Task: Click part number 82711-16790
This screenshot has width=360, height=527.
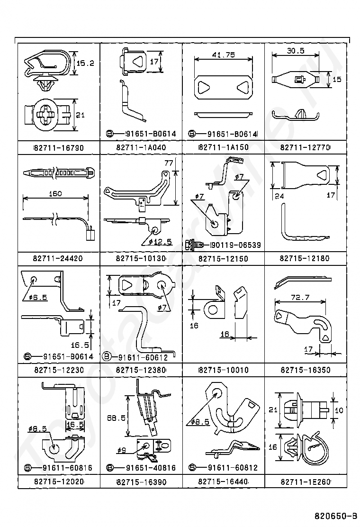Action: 59,147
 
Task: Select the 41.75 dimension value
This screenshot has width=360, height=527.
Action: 223,55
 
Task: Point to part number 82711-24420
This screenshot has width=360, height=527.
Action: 58,258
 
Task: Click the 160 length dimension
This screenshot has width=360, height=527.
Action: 55,193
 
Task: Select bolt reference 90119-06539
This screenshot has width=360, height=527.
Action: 235,245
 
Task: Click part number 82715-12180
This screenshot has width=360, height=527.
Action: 305,258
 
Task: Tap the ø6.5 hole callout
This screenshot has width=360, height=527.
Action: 38,297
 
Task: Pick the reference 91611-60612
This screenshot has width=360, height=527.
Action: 143,357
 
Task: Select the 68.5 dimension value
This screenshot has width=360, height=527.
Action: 116,418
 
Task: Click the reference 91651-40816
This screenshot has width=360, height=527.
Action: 151,467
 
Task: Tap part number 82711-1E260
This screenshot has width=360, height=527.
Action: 306,482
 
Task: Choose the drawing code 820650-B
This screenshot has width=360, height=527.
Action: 335,516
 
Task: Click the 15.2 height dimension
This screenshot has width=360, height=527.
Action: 85,63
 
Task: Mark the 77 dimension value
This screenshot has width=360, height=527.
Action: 169,163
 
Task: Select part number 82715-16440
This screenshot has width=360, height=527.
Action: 223,482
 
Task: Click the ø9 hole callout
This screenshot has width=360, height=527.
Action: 122,450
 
